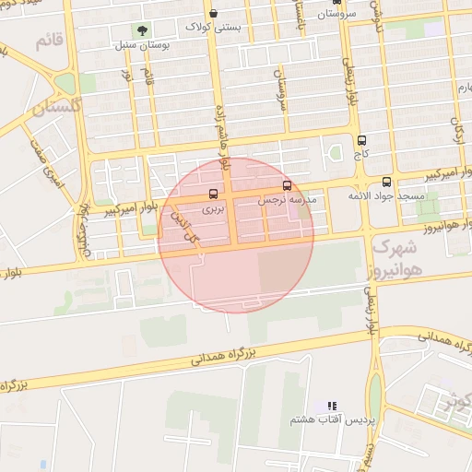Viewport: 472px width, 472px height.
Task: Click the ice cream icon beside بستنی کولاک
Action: pyautogui.click(x=214, y=14)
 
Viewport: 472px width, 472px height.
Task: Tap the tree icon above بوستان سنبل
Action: pyautogui.click(x=141, y=32)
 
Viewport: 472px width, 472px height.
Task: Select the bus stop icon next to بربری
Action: pyautogui.click(x=214, y=194)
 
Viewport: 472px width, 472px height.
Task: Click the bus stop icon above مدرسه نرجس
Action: pyautogui.click(x=287, y=185)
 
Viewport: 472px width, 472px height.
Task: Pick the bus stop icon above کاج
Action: pyautogui.click(x=360, y=140)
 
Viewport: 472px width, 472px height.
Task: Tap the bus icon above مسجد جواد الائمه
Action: pyautogui.click(x=385, y=182)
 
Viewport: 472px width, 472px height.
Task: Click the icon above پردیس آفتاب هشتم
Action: pyautogui.click(x=332, y=406)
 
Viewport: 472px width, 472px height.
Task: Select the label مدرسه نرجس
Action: pyautogui.click(x=287, y=198)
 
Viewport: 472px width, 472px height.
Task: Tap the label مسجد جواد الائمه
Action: pyautogui.click(x=386, y=195)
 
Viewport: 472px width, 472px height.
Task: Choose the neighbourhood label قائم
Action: pyautogui.click(x=51, y=41)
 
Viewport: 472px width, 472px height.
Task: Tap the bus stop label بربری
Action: pyautogui.click(x=214, y=209)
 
